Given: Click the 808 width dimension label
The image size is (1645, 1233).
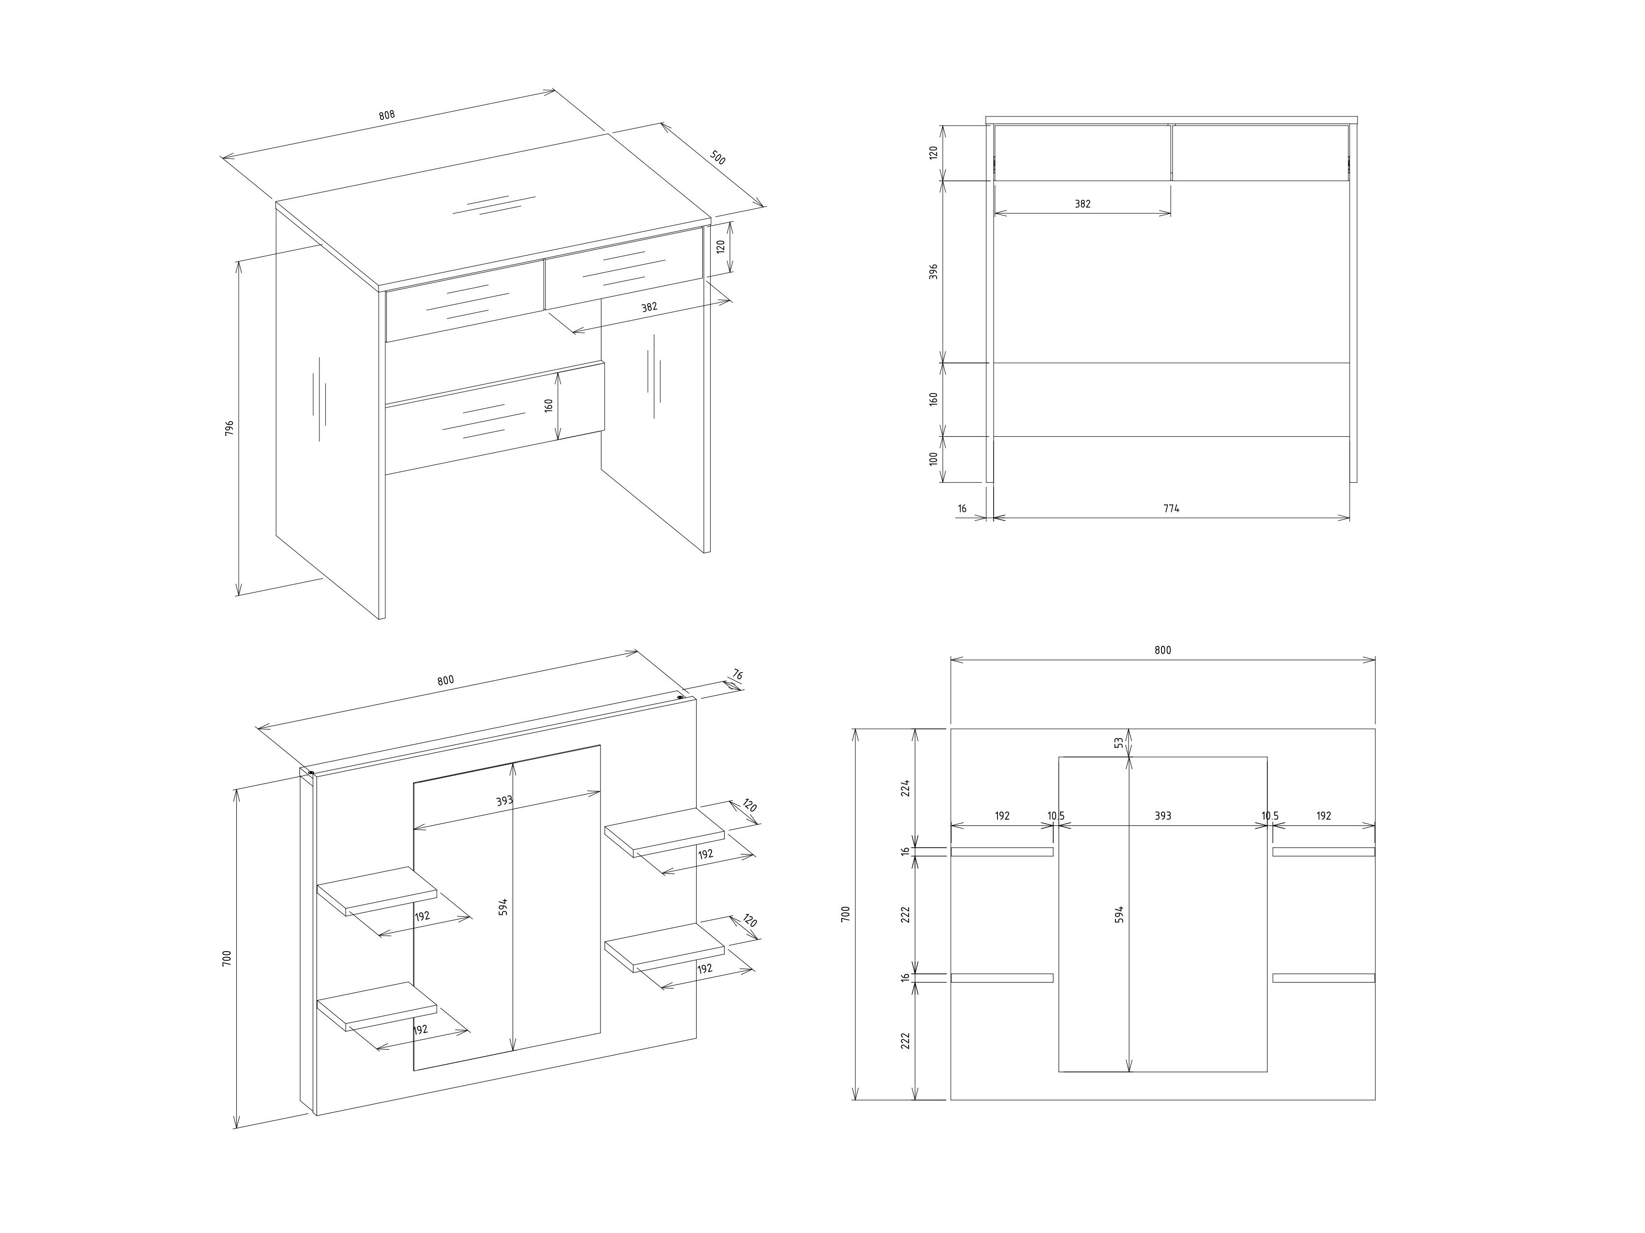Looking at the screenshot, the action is point(387,115).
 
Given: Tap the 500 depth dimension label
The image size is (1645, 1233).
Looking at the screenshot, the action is point(717,158).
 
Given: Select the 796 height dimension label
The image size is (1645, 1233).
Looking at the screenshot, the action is point(230,427).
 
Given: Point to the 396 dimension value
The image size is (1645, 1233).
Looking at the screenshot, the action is point(934,271).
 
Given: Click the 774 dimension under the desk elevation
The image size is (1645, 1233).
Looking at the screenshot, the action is point(1171,509).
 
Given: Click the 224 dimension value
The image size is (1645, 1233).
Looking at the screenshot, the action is point(905,788).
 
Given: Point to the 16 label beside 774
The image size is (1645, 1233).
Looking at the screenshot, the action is point(963,509).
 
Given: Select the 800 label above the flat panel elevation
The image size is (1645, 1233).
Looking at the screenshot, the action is point(1163,650).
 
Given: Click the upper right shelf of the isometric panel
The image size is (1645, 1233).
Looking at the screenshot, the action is point(664,832).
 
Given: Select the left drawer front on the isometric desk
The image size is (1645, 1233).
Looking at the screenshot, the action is point(464,300).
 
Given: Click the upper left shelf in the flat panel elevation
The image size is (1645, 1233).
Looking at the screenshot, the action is point(1002,852).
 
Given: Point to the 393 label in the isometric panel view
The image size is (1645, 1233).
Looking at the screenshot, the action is point(505,801).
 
